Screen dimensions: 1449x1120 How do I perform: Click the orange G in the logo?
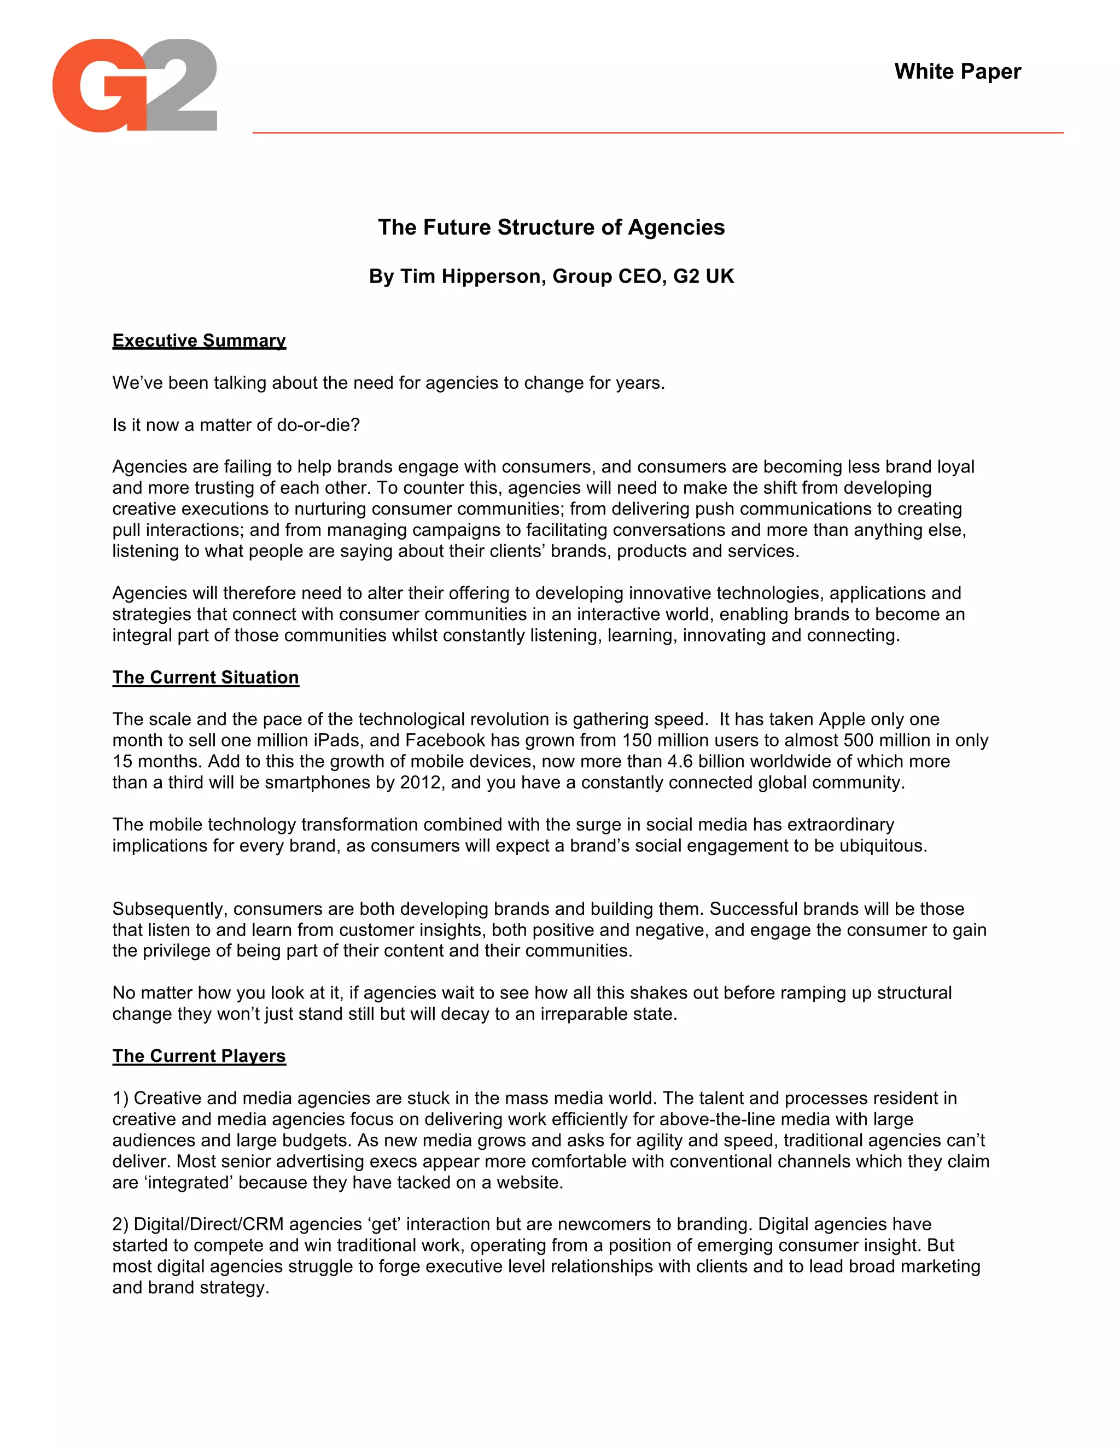click(x=100, y=86)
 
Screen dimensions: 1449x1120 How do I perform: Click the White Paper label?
click(x=957, y=72)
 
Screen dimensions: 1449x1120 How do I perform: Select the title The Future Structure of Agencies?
click(x=551, y=227)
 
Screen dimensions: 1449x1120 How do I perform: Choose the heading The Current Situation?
click(x=206, y=677)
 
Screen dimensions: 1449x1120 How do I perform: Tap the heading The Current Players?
click(x=199, y=1056)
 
